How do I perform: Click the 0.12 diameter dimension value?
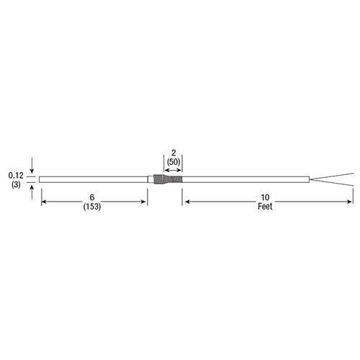click(x=16, y=176)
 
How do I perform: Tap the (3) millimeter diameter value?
click(x=16, y=185)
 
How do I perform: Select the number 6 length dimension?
click(x=92, y=197)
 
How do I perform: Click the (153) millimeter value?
click(x=92, y=207)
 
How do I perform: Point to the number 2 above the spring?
click(x=174, y=153)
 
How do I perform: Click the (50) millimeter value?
click(x=174, y=162)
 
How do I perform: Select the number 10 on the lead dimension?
click(x=265, y=197)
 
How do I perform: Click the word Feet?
click(x=265, y=207)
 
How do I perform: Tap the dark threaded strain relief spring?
click(x=168, y=179)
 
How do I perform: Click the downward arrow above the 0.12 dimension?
click(x=32, y=166)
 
